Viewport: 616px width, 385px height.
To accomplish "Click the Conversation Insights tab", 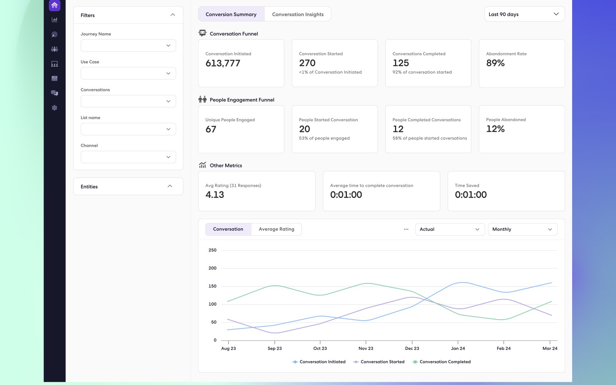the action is (298, 14).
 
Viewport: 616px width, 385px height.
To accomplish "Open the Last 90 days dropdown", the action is (524, 14).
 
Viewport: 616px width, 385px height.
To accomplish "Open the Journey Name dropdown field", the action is (128, 45).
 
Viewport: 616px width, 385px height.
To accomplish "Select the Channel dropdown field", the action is (128, 157).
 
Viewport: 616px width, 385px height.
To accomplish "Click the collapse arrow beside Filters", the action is (173, 15).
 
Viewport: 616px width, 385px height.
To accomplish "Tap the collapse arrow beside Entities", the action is (170, 186).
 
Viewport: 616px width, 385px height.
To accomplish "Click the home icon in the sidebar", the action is (54, 5).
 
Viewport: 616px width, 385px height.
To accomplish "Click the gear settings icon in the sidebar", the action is (54, 108).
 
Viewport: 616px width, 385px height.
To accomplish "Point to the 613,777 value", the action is (223, 63).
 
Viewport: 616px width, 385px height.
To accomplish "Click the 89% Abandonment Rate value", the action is (495, 63).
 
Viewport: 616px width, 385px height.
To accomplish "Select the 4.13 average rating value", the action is (215, 195).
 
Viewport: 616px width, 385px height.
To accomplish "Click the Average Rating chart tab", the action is (276, 229).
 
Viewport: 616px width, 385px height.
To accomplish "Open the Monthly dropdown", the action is (522, 229).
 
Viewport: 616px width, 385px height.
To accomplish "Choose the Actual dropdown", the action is (450, 229).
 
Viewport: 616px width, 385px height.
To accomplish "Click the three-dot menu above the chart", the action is (406, 229).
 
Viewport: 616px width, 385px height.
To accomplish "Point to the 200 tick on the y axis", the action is (212, 268).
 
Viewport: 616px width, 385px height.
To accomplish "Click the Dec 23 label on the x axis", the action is (412, 348).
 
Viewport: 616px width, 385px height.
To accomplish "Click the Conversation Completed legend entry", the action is (442, 362).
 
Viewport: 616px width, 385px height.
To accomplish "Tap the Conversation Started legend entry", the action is (379, 362).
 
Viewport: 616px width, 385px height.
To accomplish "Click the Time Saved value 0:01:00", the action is (471, 195).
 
